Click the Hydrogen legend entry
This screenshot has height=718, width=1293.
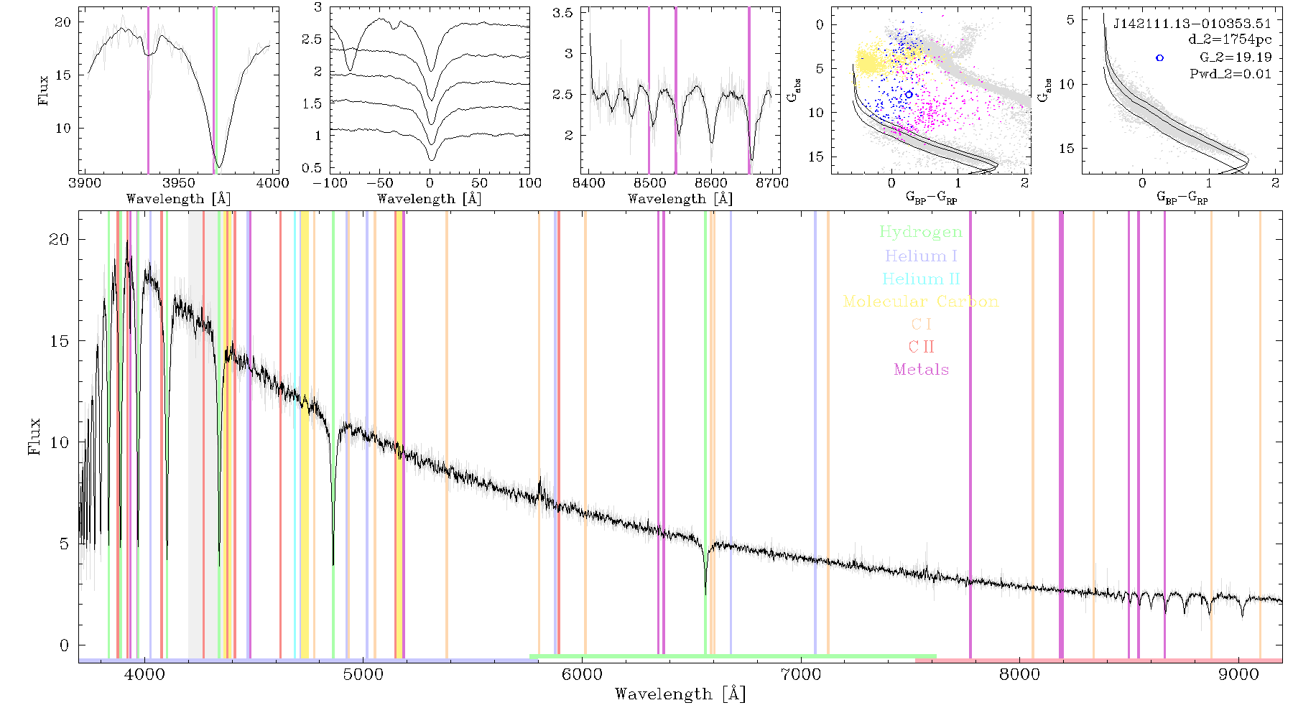point(921,232)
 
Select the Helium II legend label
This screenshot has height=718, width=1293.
point(921,279)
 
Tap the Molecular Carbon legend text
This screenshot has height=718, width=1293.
point(921,302)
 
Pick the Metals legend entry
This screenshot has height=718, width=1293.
point(921,370)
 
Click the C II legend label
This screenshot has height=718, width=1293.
point(921,347)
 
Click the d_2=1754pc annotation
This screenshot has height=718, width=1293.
point(1230,40)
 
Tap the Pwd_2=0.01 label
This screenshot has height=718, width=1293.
point(1231,74)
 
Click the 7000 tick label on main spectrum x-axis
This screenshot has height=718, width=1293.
point(800,674)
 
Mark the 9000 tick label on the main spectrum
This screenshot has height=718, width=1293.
point(1238,674)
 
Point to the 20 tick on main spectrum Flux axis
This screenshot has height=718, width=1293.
point(59,239)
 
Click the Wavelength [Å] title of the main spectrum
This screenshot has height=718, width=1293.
point(680,694)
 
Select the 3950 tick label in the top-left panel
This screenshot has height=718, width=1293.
point(179,182)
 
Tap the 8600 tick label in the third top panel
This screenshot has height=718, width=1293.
point(711,182)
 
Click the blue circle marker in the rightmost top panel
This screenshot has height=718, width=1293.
point(1159,58)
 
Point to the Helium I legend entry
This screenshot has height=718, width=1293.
point(921,256)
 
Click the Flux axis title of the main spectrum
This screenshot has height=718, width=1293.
point(34,437)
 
